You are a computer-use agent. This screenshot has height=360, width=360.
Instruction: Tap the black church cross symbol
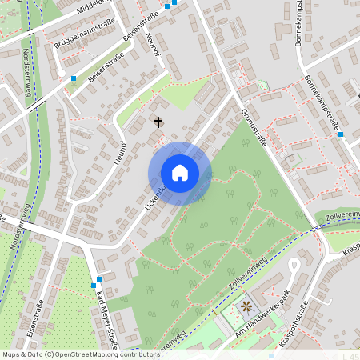[158, 122]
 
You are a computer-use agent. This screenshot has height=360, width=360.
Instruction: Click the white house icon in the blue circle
[180, 173]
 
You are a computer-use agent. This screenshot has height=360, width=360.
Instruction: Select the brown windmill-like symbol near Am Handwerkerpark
[246, 307]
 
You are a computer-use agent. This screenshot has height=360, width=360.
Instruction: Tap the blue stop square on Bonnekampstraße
[341, 134]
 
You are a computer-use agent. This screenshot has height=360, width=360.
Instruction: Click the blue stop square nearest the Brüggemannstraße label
[74, 78]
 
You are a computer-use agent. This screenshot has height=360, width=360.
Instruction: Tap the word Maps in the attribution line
[12, 354]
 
